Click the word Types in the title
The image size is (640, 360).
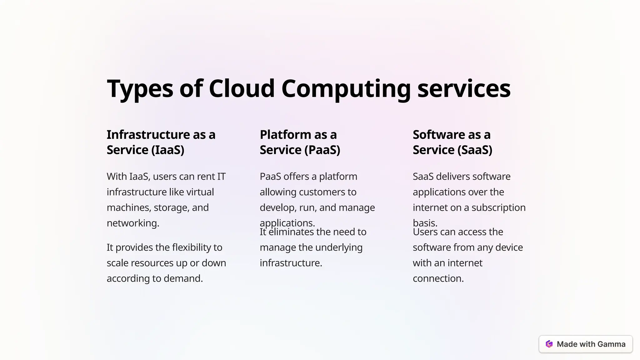pyautogui.click(x=140, y=89)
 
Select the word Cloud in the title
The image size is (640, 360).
pyautogui.click(x=242, y=88)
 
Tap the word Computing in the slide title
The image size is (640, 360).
pyautogui.click(x=346, y=89)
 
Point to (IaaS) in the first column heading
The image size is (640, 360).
pyautogui.click(x=168, y=150)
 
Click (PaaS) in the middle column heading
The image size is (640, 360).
pyautogui.click(x=322, y=150)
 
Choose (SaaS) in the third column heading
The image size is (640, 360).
pyautogui.click(x=475, y=150)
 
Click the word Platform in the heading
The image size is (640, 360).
pyautogui.click(x=285, y=135)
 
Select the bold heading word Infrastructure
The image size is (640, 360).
pyautogui.click(x=148, y=135)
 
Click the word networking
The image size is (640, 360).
pyautogui.click(x=133, y=223)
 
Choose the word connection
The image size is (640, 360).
pyautogui.click(x=438, y=278)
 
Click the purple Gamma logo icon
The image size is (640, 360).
pyautogui.click(x=549, y=344)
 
